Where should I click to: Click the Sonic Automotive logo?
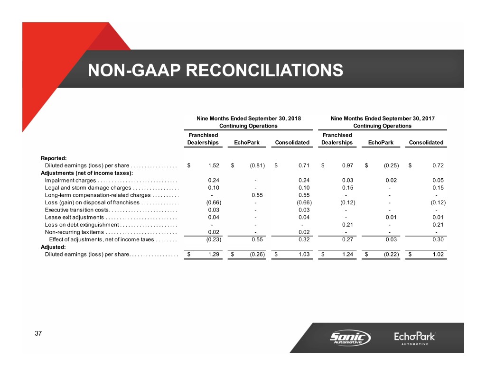click(x=350, y=338)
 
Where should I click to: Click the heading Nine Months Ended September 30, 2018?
click(x=248, y=119)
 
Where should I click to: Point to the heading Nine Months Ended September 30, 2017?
click(x=383, y=119)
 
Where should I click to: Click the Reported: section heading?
click(x=54, y=158)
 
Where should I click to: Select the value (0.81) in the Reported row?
click(x=256, y=165)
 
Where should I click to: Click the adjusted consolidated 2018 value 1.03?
click(x=304, y=255)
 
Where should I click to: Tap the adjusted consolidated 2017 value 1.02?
click(x=438, y=255)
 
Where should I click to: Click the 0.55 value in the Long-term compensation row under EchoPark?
click(x=256, y=195)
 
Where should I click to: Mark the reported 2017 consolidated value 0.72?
click(x=438, y=165)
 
